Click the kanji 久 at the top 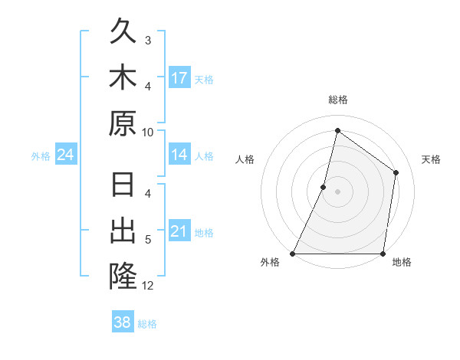tap(123, 32)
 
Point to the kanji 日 tap(123, 187)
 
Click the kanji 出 tap(123, 231)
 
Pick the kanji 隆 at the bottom tap(123, 277)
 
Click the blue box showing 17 tap(179, 78)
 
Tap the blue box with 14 tap(179, 155)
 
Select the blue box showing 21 tap(179, 231)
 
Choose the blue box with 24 tap(65, 155)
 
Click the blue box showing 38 tap(123, 322)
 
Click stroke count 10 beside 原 tap(148, 132)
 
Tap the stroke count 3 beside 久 tap(148, 41)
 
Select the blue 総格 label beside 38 tap(147, 324)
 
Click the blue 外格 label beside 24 tap(41, 156)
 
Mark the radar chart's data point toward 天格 tap(396, 172)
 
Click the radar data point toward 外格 tap(293, 254)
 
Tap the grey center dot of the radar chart tap(337, 191)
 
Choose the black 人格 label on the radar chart tap(245, 159)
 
